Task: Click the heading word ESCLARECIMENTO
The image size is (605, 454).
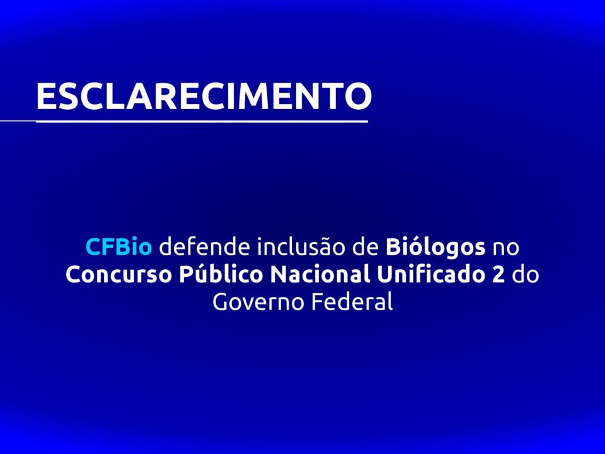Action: click(204, 96)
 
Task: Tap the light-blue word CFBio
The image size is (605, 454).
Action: click(118, 247)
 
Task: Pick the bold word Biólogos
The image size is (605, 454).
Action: click(435, 248)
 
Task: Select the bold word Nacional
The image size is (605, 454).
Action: click(320, 274)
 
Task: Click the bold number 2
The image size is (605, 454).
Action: click(498, 275)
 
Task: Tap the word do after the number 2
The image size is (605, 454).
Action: click(525, 274)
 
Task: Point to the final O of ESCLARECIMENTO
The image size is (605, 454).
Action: click(358, 96)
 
